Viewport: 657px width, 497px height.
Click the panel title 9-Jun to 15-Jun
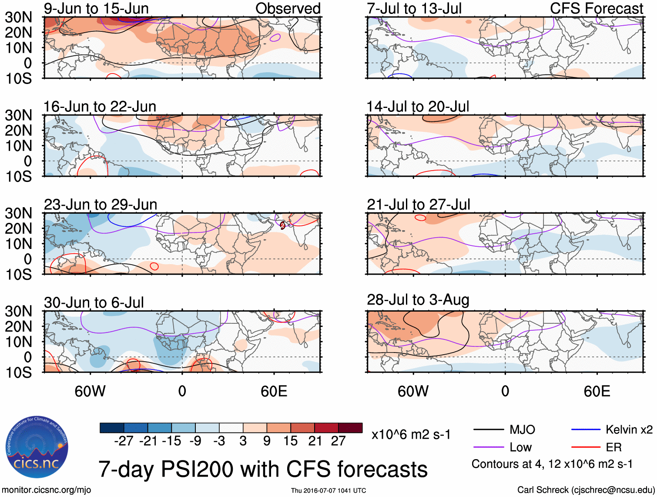click(x=96, y=8)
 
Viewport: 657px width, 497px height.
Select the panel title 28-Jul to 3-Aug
click(x=418, y=300)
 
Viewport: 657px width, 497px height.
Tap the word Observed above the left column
click(x=288, y=8)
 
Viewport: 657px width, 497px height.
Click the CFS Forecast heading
click(x=596, y=8)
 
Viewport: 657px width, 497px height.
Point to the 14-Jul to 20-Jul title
click(x=418, y=107)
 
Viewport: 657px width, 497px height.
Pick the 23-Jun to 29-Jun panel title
click(x=101, y=205)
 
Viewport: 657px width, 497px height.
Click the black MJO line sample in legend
click(x=489, y=430)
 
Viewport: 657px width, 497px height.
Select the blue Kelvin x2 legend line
click(x=586, y=430)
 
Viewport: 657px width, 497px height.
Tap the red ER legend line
click(x=586, y=447)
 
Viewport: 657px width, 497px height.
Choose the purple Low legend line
click(x=489, y=447)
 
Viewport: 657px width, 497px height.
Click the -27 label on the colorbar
click(x=124, y=441)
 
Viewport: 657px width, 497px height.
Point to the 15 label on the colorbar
click(x=290, y=441)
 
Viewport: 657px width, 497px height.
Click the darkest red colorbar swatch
click(x=350, y=428)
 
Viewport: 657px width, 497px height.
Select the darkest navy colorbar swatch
click(x=112, y=428)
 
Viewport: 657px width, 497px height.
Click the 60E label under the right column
click(x=597, y=391)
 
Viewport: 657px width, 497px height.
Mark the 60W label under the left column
click(x=90, y=391)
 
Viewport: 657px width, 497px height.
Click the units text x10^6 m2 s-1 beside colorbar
click(x=411, y=434)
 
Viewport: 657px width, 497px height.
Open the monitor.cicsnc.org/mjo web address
click(x=47, y=490)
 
